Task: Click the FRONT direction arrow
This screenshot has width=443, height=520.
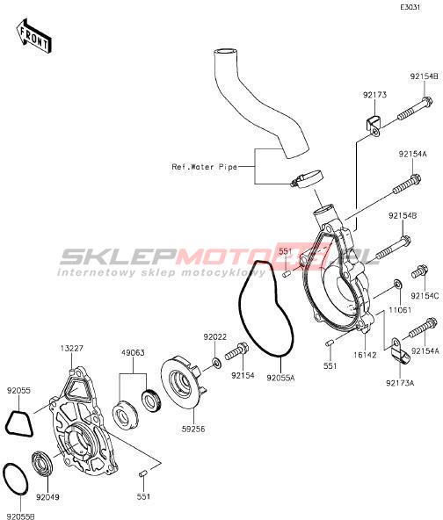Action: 33,36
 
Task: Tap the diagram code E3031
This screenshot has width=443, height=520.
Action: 410,8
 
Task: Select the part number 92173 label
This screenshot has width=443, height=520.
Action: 374,95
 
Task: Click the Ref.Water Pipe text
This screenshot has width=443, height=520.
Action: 205,167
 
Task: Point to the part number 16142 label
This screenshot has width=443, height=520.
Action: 365,355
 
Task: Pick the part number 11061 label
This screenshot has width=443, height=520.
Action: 400,310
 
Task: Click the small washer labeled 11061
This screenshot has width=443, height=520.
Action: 397,284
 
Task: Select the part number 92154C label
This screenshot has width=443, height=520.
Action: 425,295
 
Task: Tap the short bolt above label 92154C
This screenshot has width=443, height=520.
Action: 419,271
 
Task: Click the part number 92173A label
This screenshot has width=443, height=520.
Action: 400,383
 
